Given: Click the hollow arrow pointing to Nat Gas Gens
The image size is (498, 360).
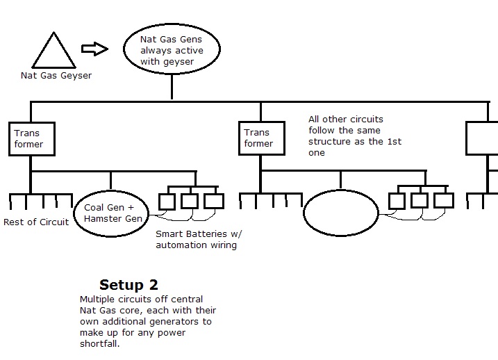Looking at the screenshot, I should tap(94, 49).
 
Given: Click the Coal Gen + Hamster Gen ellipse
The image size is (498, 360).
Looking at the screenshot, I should tap(113, 213).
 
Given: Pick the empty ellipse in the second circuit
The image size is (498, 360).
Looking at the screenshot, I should tap(340, 213).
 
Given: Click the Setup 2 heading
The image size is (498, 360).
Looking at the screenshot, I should tap(128, 285).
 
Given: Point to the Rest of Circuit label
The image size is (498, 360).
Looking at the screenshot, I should tap(36, 222).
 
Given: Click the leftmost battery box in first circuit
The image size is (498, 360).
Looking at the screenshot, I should tap(167, 202).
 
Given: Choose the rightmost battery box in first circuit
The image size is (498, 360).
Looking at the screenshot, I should tap(214, 202).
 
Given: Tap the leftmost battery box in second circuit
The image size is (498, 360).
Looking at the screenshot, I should tap(397, 202).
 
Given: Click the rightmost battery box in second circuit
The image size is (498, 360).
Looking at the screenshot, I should tap(443, 202).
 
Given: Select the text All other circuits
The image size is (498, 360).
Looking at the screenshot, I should tap(346, 120).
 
